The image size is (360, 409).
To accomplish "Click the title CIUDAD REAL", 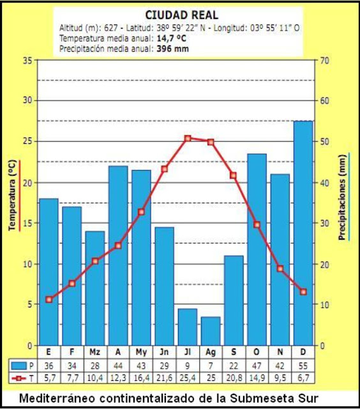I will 181,15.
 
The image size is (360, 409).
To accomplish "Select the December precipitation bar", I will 303,233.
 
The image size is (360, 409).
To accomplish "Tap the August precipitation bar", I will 211,331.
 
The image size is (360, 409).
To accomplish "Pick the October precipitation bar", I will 257,249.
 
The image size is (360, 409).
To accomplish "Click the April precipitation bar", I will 118,256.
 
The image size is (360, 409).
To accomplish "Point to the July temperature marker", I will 188,138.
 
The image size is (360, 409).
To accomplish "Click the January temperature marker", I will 49,299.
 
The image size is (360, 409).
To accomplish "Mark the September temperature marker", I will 234,175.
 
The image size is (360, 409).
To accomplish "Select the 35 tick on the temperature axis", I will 26,60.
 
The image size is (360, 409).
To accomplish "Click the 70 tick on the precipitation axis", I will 325,60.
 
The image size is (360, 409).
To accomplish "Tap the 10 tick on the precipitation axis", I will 324,305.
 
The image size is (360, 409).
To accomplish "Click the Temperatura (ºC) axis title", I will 12,194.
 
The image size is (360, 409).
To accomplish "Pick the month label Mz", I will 95,352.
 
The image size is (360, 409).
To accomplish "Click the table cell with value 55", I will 303,366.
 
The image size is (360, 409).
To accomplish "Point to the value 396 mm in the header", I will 172,48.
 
